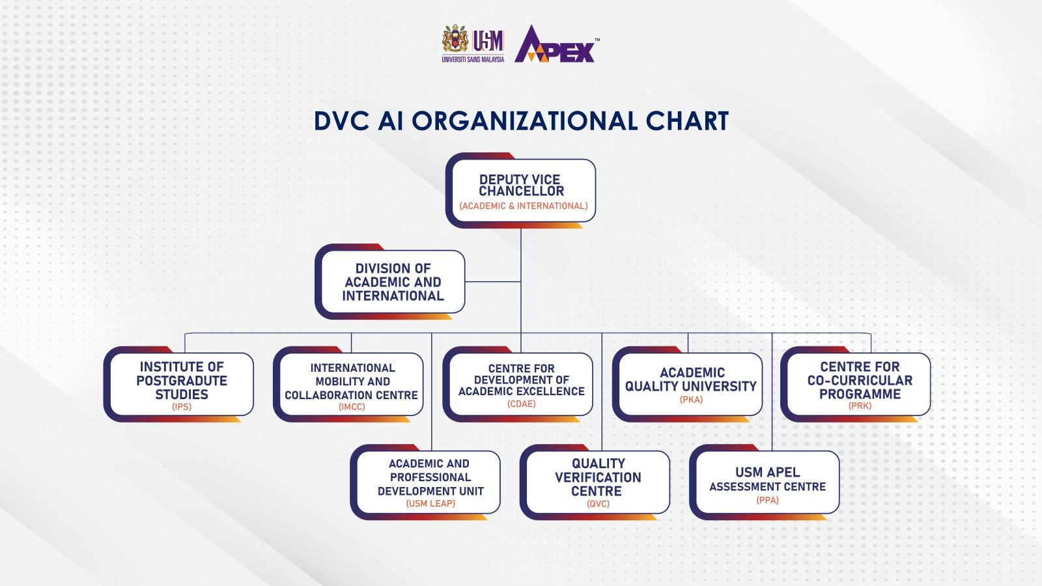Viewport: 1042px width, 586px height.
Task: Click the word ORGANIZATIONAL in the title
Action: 524,121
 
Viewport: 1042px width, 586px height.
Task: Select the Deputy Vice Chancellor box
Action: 520,191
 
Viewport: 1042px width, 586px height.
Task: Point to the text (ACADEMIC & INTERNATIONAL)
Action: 524,206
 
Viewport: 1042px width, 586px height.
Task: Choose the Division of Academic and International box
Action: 390,281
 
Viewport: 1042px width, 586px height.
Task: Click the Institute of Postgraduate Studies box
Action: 178,384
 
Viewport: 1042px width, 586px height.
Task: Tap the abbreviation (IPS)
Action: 182,407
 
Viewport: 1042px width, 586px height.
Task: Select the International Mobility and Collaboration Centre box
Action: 348,384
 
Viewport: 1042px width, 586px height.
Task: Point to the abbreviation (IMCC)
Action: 352,407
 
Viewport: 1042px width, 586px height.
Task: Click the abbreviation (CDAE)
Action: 522,404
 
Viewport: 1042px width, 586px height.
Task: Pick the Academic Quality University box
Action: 688,384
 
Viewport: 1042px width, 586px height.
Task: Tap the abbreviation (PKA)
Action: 691,400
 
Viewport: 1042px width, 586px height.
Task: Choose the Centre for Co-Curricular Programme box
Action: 856,384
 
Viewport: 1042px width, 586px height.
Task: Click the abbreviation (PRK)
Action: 860,406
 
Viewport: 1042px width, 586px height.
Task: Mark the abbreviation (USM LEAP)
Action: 430,504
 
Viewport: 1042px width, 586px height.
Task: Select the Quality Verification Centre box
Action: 595,482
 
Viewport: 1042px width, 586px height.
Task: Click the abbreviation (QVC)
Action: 598,504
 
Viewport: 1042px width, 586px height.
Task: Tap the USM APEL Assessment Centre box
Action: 765,482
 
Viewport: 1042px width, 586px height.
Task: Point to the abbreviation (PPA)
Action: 768,501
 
